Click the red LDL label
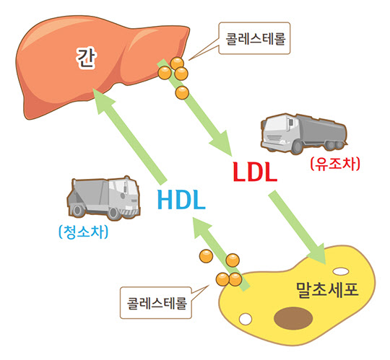(x=255, y=172)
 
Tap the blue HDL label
(x=181, y=200)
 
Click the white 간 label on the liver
(x=86, y=58)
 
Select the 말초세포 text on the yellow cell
(x=327, y=290)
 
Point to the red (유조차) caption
(x=335, y=164)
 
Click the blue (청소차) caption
(x=83, y=232)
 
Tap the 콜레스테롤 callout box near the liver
(x=254, y=38)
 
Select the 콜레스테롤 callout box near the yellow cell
(x=156, y=302)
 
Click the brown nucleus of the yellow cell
(x=293, y=318)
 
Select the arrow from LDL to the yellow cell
(x=298, y=227)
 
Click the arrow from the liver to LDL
(x=194, y=108)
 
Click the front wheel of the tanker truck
(x=296, y=147)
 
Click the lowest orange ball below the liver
(x=182, y=93)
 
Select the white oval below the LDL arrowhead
(x=340, y=271)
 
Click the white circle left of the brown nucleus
(x=246, y=319)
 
